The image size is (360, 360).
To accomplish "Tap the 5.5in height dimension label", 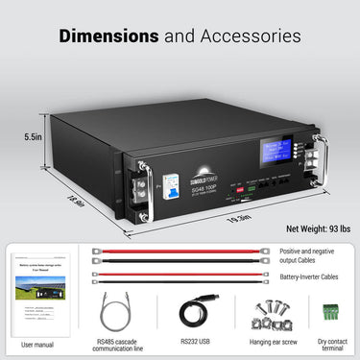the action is [x=33, y=137].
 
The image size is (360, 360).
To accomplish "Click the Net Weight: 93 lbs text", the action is [x=305, y=231].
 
